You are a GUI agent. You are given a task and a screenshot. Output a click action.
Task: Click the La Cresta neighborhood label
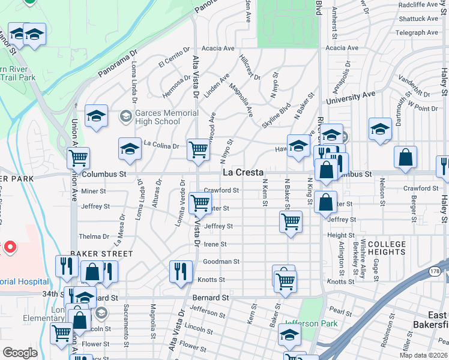pyautogui.click(x=243, y=172)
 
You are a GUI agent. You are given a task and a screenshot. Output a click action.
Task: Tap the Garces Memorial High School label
pyautogui.click(x=166, y=117)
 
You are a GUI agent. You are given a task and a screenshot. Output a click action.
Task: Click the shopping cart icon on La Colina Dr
pyautogui.click(x=198, y=149)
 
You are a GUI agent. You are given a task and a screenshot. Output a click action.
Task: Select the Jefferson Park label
pyautogui.click(x=312, y=324)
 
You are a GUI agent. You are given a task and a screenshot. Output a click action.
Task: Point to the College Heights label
pyautogui.click(x=387, y=248)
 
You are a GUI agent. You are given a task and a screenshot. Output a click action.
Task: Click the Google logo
pyautogui.click(x=20, y=352)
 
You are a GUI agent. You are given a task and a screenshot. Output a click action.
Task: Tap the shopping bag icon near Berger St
pyautogui.click(x=405, y=157)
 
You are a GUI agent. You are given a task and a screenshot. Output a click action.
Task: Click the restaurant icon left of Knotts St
pyautogui.click(x=180, y=271)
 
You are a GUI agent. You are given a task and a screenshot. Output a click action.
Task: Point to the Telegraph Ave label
pyautogui.click(x=418, y=33)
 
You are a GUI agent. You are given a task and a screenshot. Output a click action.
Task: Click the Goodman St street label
pyautogui.click(x=221, y=262)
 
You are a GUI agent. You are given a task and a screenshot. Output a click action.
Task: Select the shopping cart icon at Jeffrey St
pyautogui.click(x=291, y=221)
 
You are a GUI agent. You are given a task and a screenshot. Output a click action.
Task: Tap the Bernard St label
pyautogui.click(x=211, y=298)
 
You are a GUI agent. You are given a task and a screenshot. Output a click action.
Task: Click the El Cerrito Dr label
pyautogui.click(x=174, y=61)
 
